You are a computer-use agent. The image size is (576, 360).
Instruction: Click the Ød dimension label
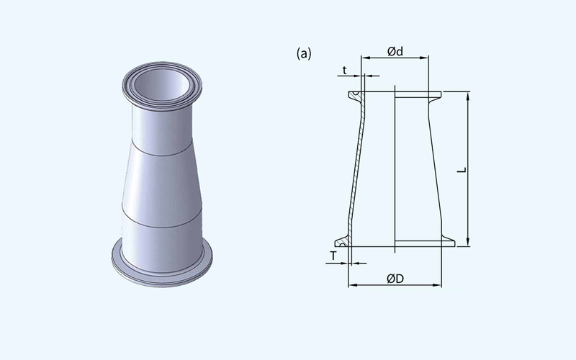point(395,51)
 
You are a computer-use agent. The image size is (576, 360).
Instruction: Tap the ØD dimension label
point(395,279)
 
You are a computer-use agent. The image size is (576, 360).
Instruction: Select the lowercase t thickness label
point(345,70)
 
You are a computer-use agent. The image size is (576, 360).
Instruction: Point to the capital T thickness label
point(333,256)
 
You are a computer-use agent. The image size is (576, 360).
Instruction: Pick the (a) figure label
point(304,53)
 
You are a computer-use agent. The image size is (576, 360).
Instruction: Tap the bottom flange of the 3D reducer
point(161,272)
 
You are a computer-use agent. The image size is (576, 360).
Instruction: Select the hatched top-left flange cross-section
point(357,96)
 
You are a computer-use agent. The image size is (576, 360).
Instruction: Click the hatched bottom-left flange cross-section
point(343,242)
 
